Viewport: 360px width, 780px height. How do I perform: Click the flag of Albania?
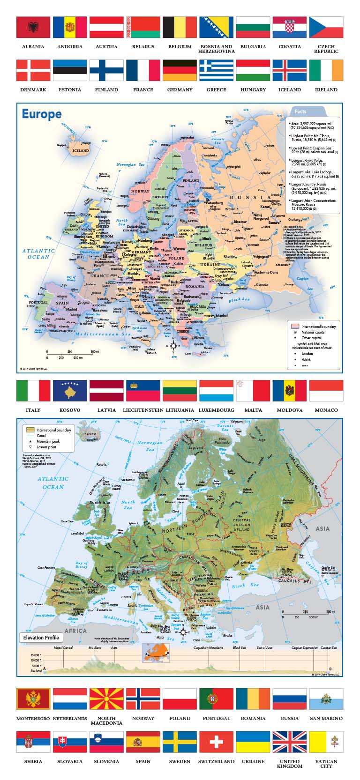(x=33, y=27)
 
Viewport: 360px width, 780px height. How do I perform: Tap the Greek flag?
(x=216, y=70)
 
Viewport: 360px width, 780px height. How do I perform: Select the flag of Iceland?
(x=289, y=70)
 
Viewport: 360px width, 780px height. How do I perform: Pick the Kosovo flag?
(x=70, y=391)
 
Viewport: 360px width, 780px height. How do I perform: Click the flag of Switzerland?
(x=216, y=742)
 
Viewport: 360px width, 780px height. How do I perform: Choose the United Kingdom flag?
(x=289, y=742)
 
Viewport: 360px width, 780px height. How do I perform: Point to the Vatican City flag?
(x=326, y=742)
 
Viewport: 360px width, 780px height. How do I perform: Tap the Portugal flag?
(x=216, y=699)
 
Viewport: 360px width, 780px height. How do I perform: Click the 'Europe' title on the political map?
(x=42, y=114)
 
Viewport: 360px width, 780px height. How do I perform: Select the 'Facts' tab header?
(x=300, y=111)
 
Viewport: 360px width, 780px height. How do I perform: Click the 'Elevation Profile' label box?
(x=41, y=637)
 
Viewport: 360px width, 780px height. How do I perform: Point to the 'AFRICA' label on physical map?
(x=75, y=631)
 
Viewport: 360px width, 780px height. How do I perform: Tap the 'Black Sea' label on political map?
(x=239, y=300)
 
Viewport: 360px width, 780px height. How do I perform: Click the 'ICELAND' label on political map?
(x=80, y=150)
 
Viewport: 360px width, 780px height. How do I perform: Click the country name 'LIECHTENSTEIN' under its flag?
(x=143, y=410)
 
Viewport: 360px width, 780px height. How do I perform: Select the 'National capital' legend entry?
(x=313, y=332)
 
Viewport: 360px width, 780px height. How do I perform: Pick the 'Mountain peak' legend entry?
(x=48, y=441)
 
